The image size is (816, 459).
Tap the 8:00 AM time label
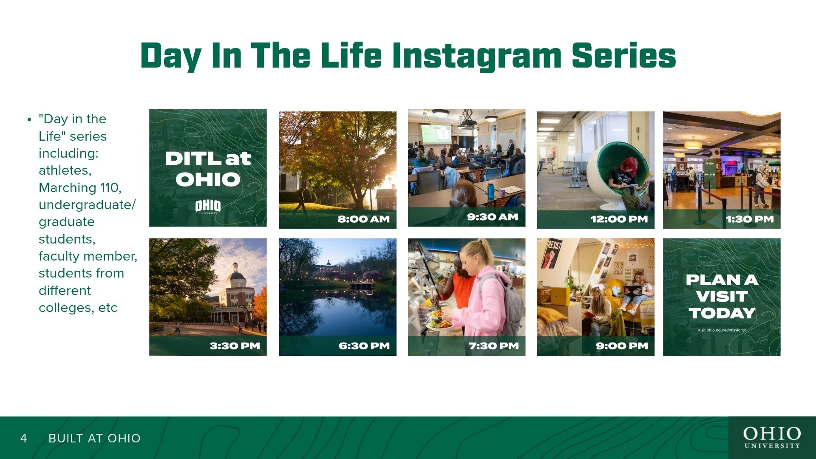pyautogui.click(x=363, y=219)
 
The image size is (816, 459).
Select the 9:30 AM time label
pyautogui.click(x=493, y=217)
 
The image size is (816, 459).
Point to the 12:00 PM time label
pyautogui.click(x=619, y=219)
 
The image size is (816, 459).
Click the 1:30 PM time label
pyautogui.click(x=750, y=219)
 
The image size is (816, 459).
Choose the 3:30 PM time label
pyautogui.click(x=235, y=346)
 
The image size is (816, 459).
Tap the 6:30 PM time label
pyautogui.click(x=364, y=346)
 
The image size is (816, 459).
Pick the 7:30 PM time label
pyautogui.click(x=494, y=346)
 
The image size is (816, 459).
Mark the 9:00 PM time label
pyautogui.click(x=622, y=346)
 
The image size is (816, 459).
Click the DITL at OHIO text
pyautogui.click(x=208, y=169)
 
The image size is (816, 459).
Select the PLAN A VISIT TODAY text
pyautogui.click(x=722, y=296)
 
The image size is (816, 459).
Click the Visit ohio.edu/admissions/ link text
pyautogui.click(x=722, y=330)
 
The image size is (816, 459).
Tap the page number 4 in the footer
pyautogui.click(x=24, y=438)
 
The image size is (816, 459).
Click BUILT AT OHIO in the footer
pyautogui.click(x=94, y=438)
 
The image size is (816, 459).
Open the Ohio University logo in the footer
pyautogui.click(x=772, y=437)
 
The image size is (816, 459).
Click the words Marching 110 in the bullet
pyautogui.click(x=80, y=187)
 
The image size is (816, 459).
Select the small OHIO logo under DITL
pyautogui.click(x=208, y=207)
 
